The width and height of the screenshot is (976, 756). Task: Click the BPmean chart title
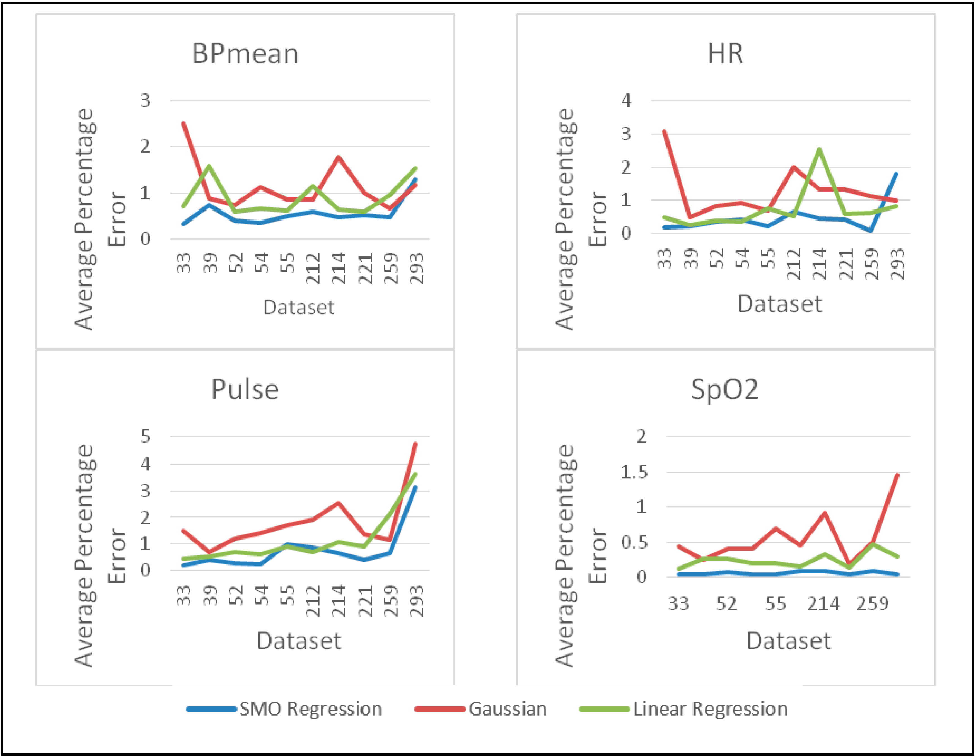[x=245, y=54]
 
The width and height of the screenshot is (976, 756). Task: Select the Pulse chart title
[x=245, y=389]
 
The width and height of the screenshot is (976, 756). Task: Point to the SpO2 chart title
[x=724, y=389]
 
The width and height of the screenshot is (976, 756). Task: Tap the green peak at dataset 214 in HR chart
[x=819, y=150]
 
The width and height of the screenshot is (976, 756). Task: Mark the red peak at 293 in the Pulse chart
[x=415, y=444]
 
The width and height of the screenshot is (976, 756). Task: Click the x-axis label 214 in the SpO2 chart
[x=823, y=604]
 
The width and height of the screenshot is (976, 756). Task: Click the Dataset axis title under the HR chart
[x=779, y=304]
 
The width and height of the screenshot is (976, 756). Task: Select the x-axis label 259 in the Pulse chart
[x=391, y=601]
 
